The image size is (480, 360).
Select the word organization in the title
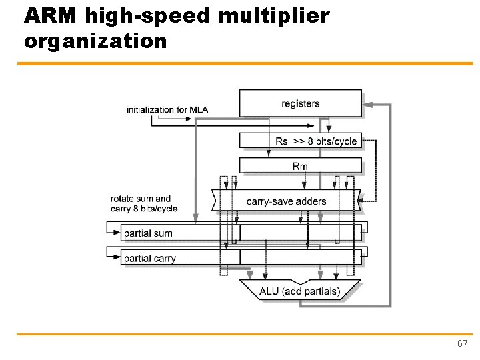(x=95, y=41)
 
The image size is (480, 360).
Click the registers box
(x=300, y=103)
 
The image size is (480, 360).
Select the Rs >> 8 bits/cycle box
(x=300, y=141)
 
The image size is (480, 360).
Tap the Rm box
(x=300, y=165)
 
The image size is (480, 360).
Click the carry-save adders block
(x=286, y=201)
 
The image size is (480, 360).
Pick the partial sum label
(x=148, y=233)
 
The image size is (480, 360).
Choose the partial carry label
(x=150, y=259)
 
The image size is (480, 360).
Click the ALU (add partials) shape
(x=300, y=291)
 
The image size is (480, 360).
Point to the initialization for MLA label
(x=167, y=109)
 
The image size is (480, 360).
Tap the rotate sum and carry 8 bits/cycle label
(x=144, y=203)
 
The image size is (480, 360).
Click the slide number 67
(x=462, y=343)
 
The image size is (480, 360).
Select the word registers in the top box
(x=301, y=103)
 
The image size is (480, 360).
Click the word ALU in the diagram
(x=269, y=291)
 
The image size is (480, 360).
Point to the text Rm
(x=300, y=166)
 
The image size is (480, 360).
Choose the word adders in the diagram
(x=311, y=201)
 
